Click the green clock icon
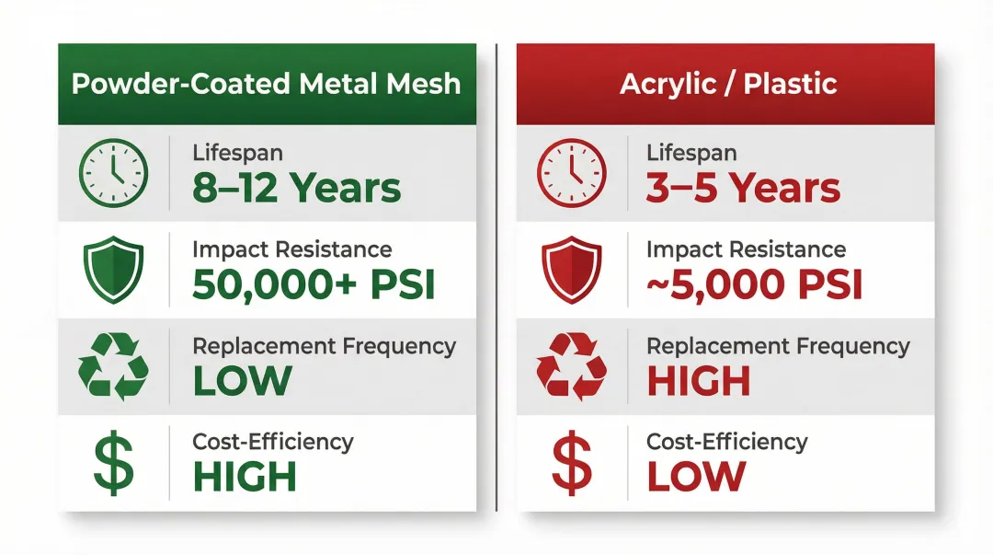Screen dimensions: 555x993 (x=113, y=172)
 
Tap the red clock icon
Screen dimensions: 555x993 (x=571, y=172)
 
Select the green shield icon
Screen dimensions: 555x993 (x=113, y=269)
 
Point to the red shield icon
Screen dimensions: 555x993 (x=571, y=269)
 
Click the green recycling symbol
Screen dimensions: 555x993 (x=113, y=365)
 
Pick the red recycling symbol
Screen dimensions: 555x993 (x=571, y=365)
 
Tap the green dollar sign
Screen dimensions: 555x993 (x=113, y=464)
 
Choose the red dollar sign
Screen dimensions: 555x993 (x=571, y=464)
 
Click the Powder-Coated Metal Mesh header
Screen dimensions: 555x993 (x=267, y=84)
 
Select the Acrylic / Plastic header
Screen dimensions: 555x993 (x=728, y=84)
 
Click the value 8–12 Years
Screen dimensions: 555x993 (x=297, y=189)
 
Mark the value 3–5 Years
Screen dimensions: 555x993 (x=744, y=189)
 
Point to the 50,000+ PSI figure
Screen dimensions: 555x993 (x=314, y=285)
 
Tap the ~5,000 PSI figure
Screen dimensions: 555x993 (x=755, y=285)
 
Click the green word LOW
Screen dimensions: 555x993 (x=242, y=381)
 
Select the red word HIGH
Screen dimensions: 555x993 (x=699, y=381)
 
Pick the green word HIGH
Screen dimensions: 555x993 (x=245, y=477)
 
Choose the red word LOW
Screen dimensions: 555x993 (x=696, y=477)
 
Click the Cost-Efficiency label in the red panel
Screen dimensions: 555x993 (x=726, y=442)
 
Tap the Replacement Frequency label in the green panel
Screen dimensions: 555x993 (x=324, y=346)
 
